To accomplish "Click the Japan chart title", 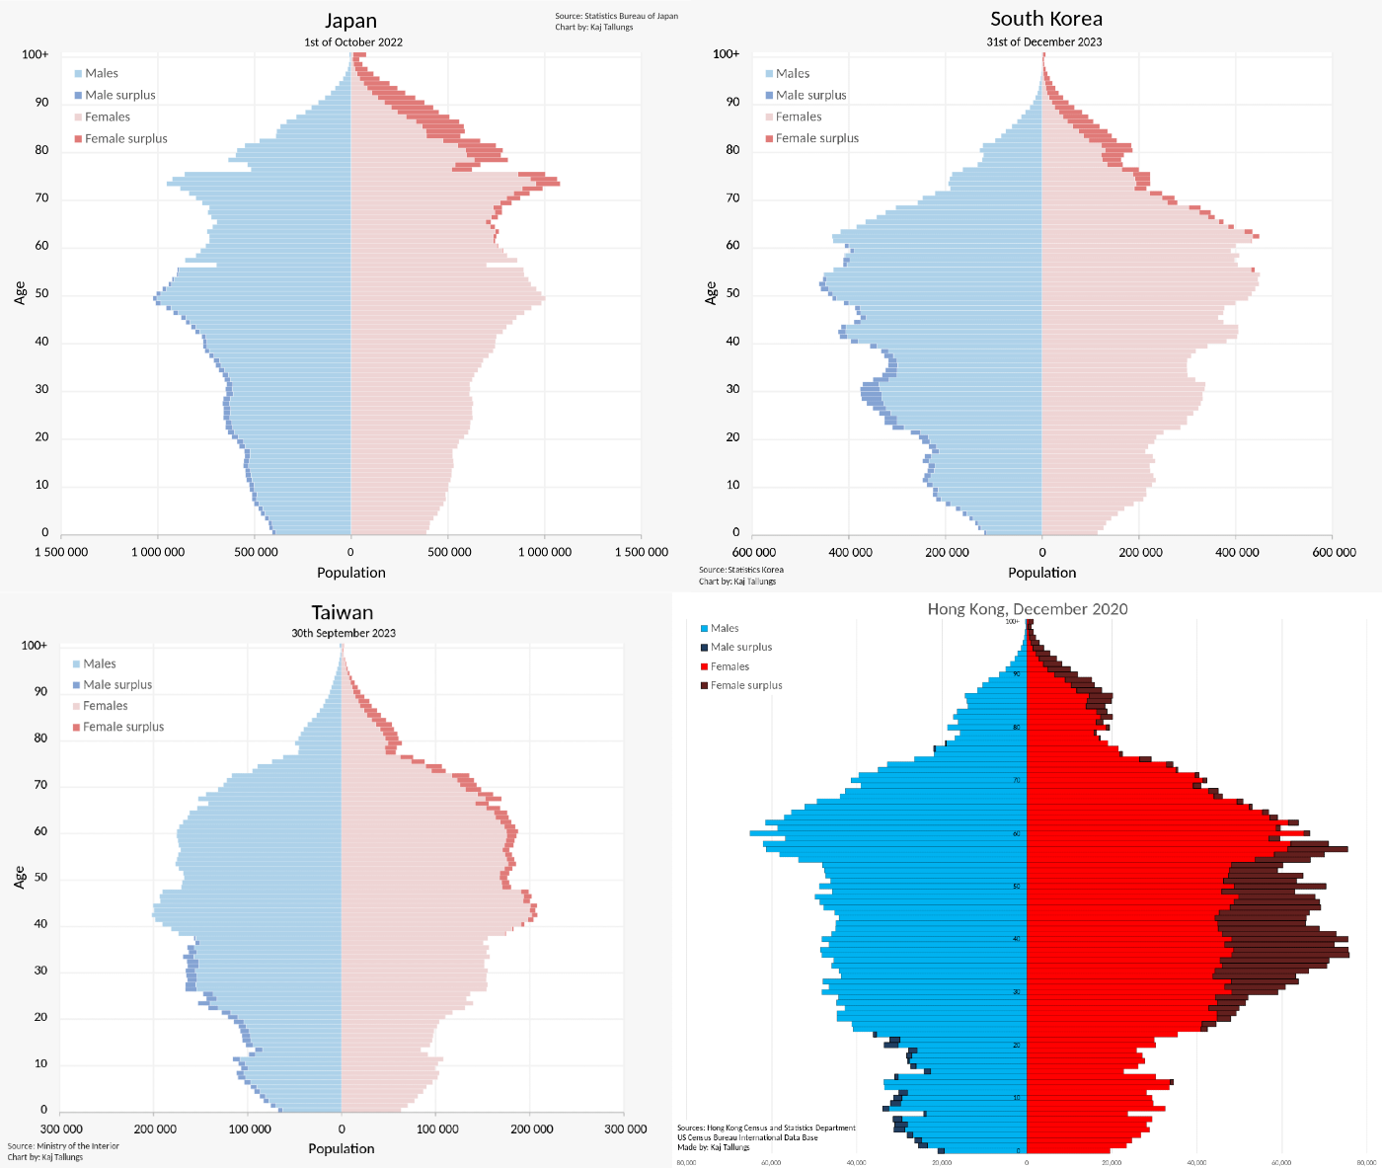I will (351, 21).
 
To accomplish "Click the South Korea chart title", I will (1046, 19).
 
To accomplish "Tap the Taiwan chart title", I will (343, 612).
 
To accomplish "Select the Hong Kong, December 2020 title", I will (1028, 608).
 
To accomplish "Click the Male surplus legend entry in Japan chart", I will (119, 95).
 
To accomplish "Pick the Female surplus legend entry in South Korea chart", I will (816, 138).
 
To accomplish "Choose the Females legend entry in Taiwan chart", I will (105, 706).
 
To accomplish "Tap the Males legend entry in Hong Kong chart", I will (724, 628).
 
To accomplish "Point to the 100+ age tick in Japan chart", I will (36, 54).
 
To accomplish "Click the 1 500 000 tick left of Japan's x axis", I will (61, 552).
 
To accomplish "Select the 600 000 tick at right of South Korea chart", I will (1334, 552).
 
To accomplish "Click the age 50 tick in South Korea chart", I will (732, 294).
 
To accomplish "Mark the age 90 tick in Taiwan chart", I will (40, 692).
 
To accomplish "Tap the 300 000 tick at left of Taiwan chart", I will (61, 1129).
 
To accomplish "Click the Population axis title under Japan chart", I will (351, 573).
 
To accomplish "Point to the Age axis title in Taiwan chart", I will (20, 877).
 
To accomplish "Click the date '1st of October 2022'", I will (352, 42).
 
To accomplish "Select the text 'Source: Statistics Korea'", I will (740, 570).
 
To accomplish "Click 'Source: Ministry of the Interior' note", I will (63, 1146).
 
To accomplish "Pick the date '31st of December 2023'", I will (1044, 42).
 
